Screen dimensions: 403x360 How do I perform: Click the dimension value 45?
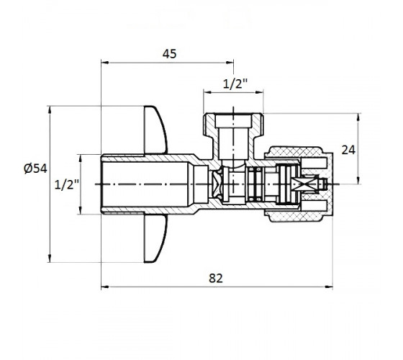[x=170, y=54]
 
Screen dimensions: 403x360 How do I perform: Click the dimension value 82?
[x=216, y=278]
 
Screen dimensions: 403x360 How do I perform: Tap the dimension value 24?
[x=348, y=150]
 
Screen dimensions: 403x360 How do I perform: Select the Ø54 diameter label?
[x=35, y=168]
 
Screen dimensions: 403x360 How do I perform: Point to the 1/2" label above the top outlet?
[x=235, y=84]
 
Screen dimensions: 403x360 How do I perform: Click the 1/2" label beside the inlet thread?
[x=67, y=184]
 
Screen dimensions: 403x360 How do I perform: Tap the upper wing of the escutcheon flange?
[x=155, y=130]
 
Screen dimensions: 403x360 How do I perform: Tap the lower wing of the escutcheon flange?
[x=155, y=238]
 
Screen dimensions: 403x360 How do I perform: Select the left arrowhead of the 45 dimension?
[x=105, y=63]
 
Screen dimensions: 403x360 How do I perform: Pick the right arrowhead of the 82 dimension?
[x=329, y=287]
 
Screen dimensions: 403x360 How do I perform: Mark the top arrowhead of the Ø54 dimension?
[x=50, y=109]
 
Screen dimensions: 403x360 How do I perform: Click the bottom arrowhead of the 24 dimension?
[x=358, y=180]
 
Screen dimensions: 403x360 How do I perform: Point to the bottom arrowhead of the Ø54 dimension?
[x=50, y=258]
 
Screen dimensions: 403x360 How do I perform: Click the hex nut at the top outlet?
[x=233, y=125]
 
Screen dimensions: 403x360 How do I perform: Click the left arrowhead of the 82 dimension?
[x=105, y=287]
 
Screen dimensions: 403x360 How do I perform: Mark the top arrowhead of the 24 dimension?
[x=358, y=117]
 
